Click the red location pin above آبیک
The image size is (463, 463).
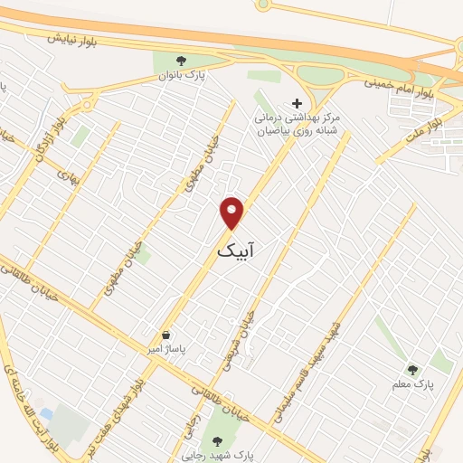click(x=232, y=213)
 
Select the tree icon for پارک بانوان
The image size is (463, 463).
click(x=182, y=61)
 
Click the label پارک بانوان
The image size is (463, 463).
click(x=184, y=76)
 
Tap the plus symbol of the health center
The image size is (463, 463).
click(x=296, y=104)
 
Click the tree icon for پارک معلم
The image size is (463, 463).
click(x=412, y=369)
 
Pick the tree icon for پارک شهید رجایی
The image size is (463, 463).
click(x=216, y=441)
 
